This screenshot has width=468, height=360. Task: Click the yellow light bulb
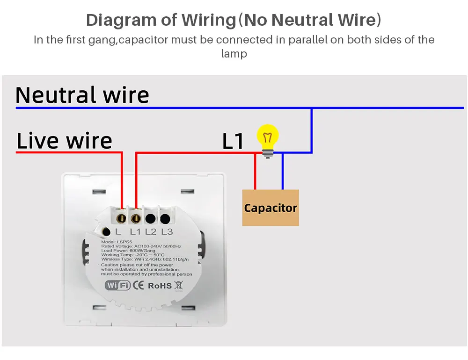coord(268,137)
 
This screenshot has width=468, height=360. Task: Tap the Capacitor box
coord(271,208)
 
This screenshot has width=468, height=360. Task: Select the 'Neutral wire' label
coord(82,95)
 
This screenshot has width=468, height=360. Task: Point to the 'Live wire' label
coord(65,141)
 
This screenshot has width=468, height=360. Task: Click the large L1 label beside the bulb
coord(233,142)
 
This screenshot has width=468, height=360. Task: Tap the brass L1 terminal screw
coord(136,217)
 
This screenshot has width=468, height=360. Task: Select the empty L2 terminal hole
coord(150,218)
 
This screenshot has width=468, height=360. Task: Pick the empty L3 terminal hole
coord(165,218)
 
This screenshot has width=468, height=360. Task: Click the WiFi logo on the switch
coord(117,285)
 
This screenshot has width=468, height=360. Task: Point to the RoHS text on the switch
coord(160,285)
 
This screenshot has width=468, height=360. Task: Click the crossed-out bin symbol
coord(178,285)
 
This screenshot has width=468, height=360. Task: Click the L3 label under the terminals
coord(167,231)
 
